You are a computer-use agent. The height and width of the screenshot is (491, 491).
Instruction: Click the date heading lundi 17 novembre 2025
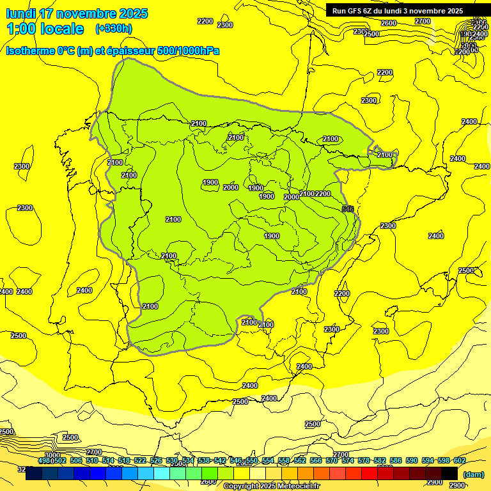point(77,13)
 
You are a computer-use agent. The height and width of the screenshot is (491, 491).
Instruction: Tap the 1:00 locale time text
point(45,29)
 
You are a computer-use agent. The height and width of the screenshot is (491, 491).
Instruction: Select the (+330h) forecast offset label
point(114,29)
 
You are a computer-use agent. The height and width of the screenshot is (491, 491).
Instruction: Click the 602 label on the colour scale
point(459,460)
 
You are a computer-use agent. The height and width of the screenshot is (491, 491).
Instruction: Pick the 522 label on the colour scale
point(140,460)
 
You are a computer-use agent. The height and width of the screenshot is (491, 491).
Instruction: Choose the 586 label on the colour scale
point(395,460)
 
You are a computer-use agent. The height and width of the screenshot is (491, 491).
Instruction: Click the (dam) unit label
point(473,474)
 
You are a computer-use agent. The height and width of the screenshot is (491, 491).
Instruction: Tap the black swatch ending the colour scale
point(449,473)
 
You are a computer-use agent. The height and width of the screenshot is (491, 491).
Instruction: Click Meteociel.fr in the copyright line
point(299,487)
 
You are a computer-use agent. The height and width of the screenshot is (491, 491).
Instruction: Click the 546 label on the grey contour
point(348,209)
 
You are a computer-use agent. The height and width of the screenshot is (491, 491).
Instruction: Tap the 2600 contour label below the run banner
point(389,23)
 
